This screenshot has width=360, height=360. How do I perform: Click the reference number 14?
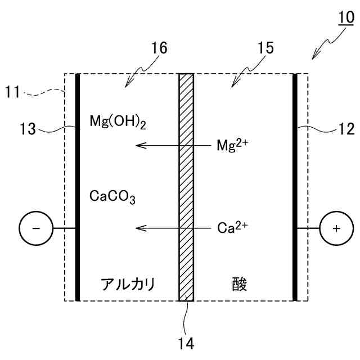point(186,342)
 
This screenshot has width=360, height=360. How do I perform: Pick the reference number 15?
point(265,48)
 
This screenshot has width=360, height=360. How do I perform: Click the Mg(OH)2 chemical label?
point(118,121)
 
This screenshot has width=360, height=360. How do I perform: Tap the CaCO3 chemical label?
point(112,197)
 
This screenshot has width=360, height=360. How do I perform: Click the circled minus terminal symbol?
point(35,228)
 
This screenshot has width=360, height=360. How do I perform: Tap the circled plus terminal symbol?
point(336,228)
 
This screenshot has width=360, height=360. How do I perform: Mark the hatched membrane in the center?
point(186,186)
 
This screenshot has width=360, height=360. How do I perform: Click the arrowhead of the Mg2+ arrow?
point(138,145)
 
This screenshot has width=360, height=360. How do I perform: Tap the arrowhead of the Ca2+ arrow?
point(138,228)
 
